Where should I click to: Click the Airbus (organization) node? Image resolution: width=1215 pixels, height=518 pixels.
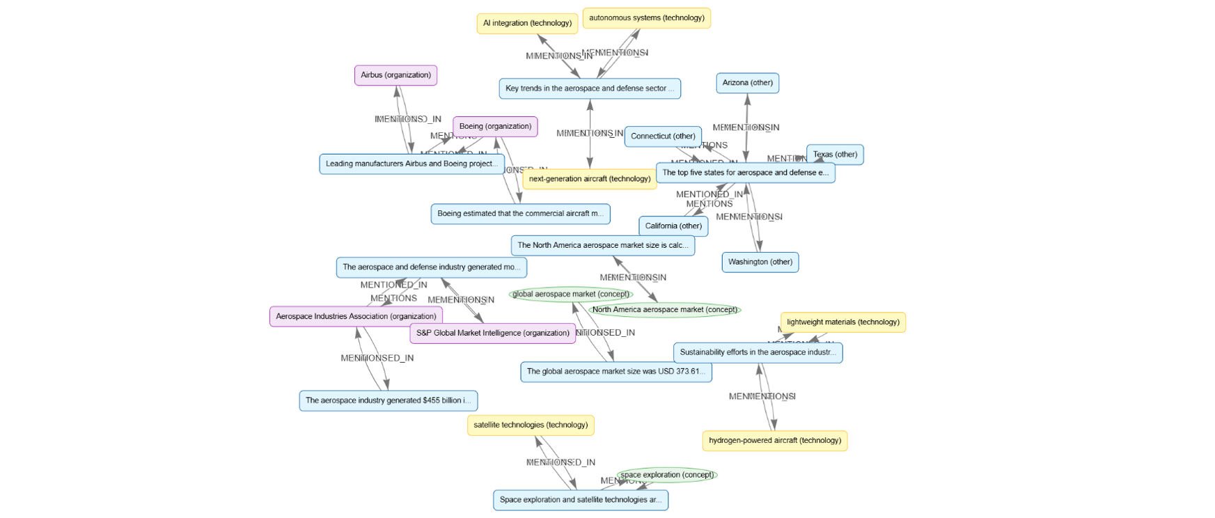pyautogui.click(x=395, y=75)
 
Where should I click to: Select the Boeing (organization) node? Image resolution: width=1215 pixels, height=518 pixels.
pyautogui.click(x=495, y=127)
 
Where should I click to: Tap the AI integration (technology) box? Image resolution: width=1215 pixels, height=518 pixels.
pyautogui.click(x=527, y=24)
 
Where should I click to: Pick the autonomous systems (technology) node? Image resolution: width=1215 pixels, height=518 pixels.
pyautogui.click(x=646, y=18)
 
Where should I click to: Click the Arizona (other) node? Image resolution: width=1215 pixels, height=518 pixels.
pyautogui.click(x=747, y=83)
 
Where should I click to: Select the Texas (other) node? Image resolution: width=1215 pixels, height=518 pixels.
pyautogui.click(x=835, y=155)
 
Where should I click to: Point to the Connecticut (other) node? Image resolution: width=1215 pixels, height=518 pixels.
pyautogui.click(x=662, y=136)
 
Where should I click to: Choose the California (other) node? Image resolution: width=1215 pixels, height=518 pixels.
pyautogui.click(x=673, y=226)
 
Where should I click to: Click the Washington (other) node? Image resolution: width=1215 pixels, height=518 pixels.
pyautogui.click(x=760, y=262)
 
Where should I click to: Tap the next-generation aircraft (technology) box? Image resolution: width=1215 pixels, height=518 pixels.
pyautogui.click(x=589, y=179)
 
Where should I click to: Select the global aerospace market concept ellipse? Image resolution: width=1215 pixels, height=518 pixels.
pyautogui.click(x=570, y=295)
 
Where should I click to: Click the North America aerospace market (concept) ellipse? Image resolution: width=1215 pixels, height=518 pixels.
pyautogui.click(x=664, y=310)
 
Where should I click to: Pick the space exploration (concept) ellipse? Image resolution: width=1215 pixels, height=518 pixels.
pyautogui.click(x=666, y=476)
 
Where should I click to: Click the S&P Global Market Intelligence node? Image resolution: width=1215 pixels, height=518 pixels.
pyautogui.click(x=492, y=333)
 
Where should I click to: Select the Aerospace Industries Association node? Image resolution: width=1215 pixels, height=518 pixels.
pyautogui.click(x=356, y=317)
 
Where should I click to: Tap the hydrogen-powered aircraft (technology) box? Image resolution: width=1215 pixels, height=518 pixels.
pyautogui.click(x=774, y=441)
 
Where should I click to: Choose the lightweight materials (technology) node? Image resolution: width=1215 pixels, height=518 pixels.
pyautogui.click(x=842, y=322)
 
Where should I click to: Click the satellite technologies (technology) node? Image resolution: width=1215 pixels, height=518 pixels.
pyautogui.click(x=530, y=425)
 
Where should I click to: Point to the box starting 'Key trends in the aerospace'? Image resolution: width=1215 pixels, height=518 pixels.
pyautogui.click(x=589, y=88)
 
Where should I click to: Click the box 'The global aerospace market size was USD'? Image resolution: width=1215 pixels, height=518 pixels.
pyautogui.click(x=616, y=372)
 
